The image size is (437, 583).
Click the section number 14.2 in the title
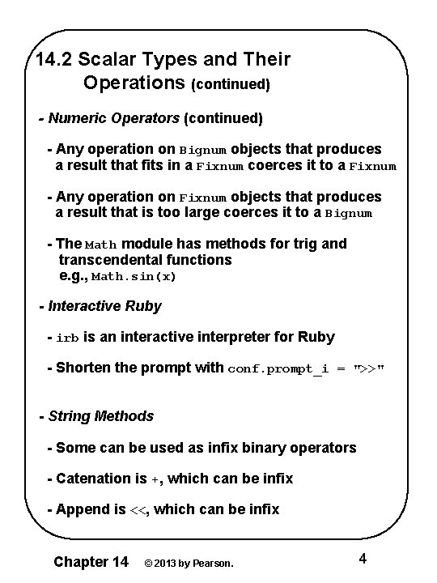click(x=54, y=59)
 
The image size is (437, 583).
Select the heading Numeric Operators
click(x=113, y=118)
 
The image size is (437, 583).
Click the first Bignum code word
click(x=203, y=151)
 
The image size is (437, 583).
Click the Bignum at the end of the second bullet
click(x=349, y=215)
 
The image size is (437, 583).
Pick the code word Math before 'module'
click(x=101, y=245)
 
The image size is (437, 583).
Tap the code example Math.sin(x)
click(x=134, y=277)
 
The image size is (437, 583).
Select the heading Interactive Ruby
click(x=104, y=306)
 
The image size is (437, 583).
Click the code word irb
click(x=68, y=338)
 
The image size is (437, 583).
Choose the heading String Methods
click(x=100, y=416)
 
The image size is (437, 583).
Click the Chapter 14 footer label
click(x=90, y=561)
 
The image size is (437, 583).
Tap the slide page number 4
click(x=363, y=559)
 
